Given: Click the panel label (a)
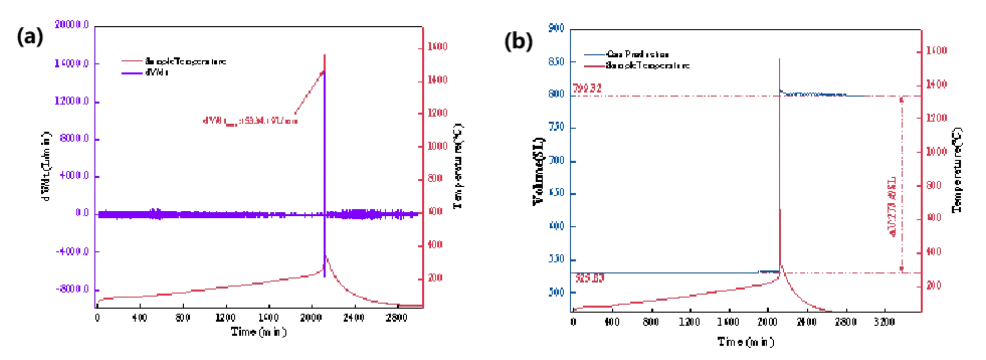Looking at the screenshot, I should click(30, 36).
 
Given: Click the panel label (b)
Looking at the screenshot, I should click(518, 41).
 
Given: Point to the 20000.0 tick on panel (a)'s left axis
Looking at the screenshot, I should click(72, 25).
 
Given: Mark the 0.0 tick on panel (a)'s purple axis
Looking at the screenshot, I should click(82, 213).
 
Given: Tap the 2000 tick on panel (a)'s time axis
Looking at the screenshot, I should click(311, 318).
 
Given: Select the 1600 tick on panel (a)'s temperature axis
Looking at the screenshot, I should click(437, 47).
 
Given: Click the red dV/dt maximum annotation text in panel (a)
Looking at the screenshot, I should click(250, 121).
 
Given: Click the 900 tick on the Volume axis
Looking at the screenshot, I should click(556, 28).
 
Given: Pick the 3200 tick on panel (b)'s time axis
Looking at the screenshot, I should click(884, 322).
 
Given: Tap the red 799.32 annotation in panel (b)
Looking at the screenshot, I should click(587, 88).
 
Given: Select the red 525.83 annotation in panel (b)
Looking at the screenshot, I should click(590, 278).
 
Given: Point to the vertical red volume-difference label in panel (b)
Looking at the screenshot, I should click(892, 207).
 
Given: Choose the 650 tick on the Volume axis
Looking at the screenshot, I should click(556, 193).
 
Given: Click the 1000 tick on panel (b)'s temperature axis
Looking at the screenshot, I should click(936, 151).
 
